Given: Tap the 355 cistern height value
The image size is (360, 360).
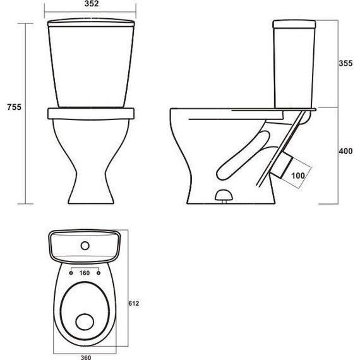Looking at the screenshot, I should pos(345,64).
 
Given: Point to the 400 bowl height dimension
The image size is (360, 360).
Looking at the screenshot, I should pos(345,152).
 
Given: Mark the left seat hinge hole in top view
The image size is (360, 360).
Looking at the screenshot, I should pos(68,273).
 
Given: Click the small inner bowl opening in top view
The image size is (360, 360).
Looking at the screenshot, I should pos(84,322).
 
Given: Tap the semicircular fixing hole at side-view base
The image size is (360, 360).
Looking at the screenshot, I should pos(223,195).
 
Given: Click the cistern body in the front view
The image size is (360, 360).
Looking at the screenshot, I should pos(92,66).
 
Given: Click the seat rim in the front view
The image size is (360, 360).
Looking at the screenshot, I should pos(92,113).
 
